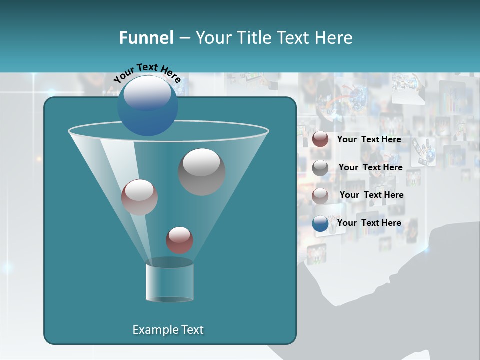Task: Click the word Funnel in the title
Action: tap(146, 38)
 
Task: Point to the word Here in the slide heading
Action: tap(333, 38)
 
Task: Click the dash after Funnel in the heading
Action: tap(184, 38)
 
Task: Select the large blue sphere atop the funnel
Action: tap(147, 105)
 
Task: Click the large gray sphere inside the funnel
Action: tap(201, 171)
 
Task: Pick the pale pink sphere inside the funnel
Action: tap(139, 197)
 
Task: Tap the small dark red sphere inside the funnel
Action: tap(179, 240)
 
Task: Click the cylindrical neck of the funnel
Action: tap(169, 282)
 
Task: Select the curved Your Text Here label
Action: tap(147, 73)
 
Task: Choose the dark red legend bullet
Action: tap(320, 139)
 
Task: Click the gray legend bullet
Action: tap(320, 168)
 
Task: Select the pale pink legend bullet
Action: tap(320, 196)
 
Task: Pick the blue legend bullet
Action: tap(320, 223)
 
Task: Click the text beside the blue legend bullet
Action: tap(369, 223)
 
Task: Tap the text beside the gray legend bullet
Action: tap(370, 167)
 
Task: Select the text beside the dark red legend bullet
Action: tap(369, 139)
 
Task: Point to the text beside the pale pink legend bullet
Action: tap(371, 195)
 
